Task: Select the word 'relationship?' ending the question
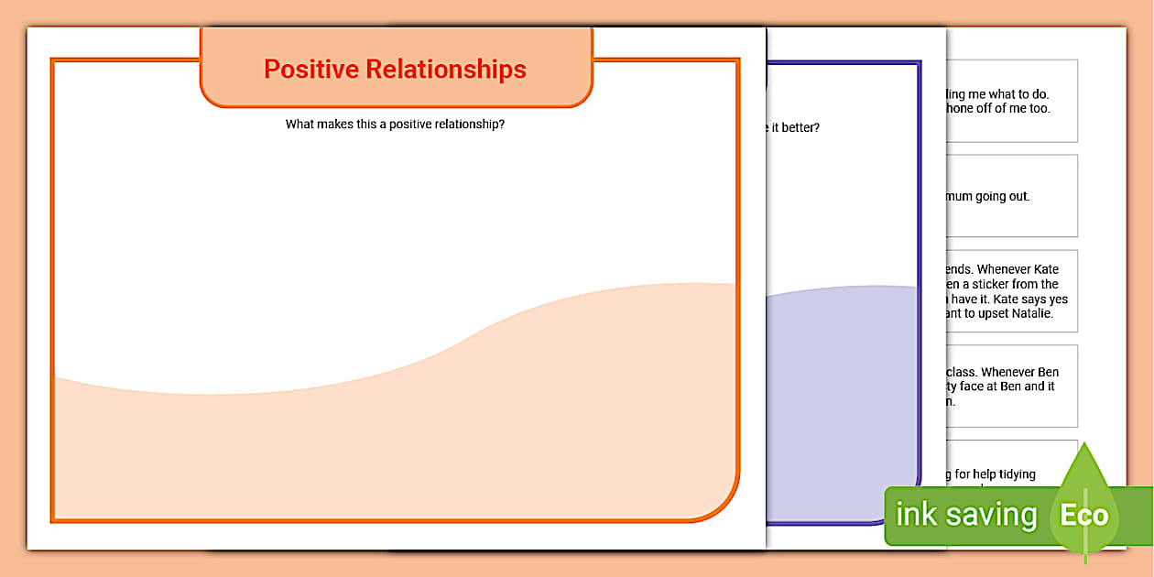click(469, 125)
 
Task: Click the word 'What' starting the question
click(299, 125)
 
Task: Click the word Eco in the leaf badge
click(1083, 515)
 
